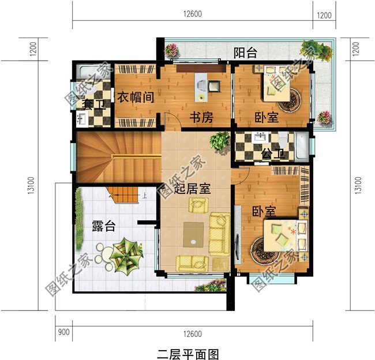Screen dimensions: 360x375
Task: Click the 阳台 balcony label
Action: (245, 53)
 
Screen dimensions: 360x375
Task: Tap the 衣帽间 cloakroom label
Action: (136, 97)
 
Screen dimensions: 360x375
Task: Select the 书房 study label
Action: (202, 118)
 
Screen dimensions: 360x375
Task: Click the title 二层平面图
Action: (188, 352)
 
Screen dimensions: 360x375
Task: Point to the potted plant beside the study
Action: (220, 140)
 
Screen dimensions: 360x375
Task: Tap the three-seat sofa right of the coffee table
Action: (219, 232)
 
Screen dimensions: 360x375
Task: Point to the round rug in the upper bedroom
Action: (290, 100)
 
